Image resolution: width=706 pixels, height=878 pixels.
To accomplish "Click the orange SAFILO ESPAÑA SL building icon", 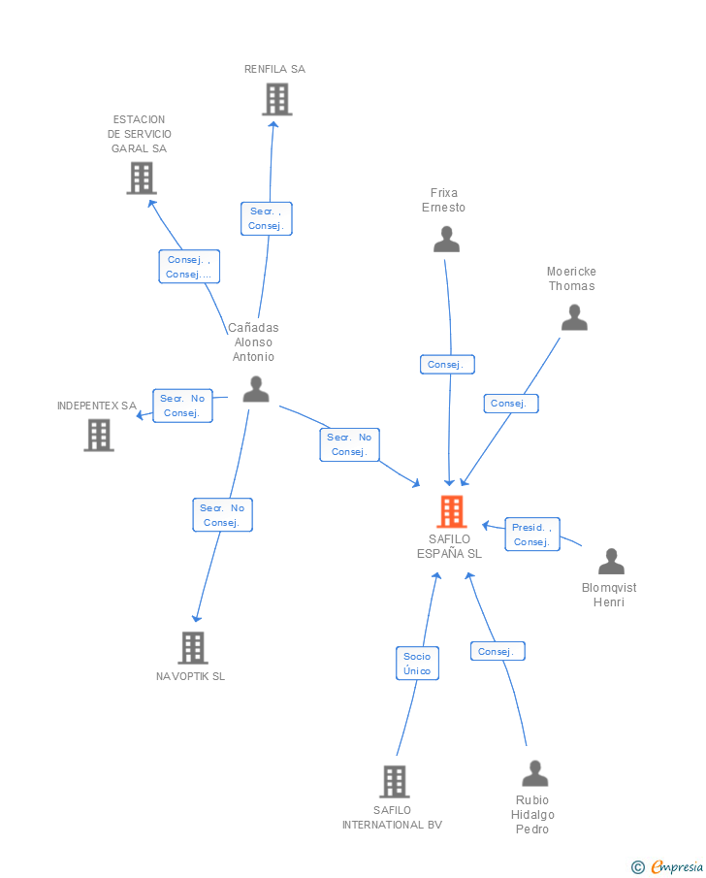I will [452, 511].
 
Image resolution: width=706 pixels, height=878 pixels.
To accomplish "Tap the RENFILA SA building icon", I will [276, 99].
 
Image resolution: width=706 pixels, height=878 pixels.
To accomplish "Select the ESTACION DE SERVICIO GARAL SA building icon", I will [142, 178].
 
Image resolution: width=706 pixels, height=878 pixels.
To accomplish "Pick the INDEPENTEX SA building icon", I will [98, 435].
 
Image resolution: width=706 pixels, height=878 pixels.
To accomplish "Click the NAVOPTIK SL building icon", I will [193, 647].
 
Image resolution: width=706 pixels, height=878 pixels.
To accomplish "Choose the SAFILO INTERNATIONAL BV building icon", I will [394, 781].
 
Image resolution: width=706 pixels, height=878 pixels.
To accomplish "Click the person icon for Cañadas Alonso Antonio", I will [256, 389].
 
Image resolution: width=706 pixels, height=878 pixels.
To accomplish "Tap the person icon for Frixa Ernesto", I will [446, 239].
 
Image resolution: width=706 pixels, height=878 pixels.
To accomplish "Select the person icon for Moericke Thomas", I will [574, 317].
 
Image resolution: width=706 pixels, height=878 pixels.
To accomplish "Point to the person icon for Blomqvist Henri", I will [611, 562].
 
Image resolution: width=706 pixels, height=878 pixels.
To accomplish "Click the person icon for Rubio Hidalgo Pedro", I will [535, 773].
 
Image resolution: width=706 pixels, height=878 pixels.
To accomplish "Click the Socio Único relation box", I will [417, 664].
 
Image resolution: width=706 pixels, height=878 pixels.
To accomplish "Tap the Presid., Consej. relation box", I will [532, 535].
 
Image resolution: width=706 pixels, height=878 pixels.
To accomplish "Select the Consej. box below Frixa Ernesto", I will [446, 365].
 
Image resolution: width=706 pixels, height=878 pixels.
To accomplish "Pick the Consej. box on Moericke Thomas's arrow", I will [510, 404].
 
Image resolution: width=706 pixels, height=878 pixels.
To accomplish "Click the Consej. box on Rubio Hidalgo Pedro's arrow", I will [497, 652].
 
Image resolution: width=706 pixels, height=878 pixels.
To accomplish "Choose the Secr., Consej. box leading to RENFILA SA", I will [266, 218].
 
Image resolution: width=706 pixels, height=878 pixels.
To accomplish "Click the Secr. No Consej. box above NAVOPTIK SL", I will [222, 515].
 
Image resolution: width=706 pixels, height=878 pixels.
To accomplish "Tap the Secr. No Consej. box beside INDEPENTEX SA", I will [182, 406].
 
